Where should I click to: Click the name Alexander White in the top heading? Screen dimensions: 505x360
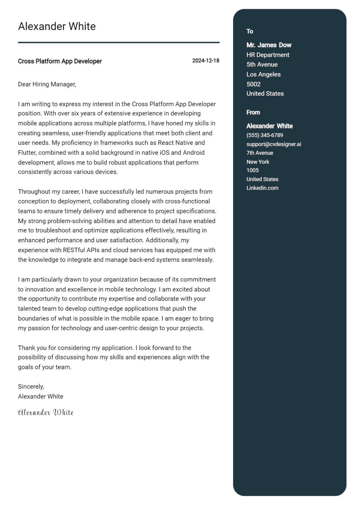coord(57,26)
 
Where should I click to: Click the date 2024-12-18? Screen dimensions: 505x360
coord(205,61)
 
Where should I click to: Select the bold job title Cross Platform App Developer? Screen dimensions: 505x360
coord(60,61)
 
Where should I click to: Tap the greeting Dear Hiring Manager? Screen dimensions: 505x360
coord(47,84)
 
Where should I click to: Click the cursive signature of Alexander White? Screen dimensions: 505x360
coord(46,413)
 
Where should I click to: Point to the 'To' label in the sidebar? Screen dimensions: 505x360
coord(250,32)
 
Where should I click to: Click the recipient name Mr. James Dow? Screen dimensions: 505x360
coord(269,45)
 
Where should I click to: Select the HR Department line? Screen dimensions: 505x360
coord(268,55)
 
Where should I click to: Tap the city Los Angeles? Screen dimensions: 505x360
coord(263,74)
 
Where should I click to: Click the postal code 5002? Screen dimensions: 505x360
coord(253,84)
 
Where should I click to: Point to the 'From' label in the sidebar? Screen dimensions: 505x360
coord(253,112)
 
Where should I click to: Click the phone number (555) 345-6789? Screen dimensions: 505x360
coord(264,135)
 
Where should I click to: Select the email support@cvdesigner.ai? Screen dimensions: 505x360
coord(274,144)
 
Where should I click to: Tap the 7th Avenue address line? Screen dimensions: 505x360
coord(259,153)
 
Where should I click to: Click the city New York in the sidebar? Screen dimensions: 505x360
coord(257,162)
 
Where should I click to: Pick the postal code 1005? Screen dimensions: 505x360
coord(252,170)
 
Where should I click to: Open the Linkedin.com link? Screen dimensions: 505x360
coord(262,188)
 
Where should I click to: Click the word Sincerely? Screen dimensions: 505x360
coord(31,387)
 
